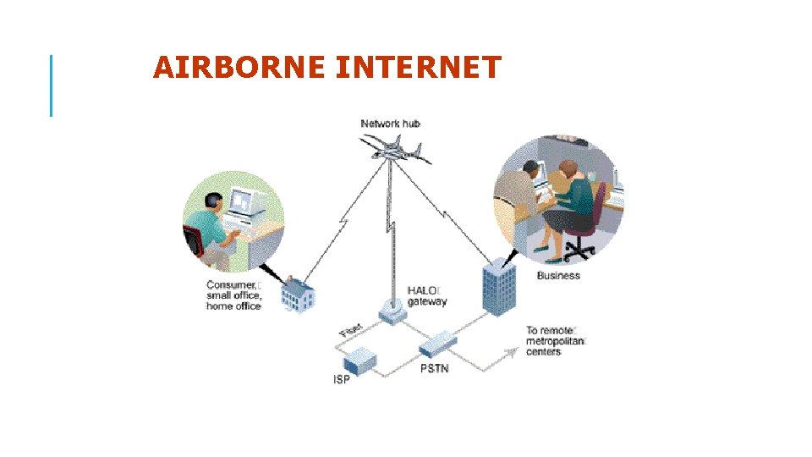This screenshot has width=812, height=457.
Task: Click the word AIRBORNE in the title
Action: (240, 67)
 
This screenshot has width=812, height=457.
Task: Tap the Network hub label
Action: (390, 124)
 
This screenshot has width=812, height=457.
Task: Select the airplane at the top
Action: (394, 151)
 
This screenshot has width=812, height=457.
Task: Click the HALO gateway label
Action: (427, 296)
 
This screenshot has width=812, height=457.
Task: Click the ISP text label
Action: (340, 379)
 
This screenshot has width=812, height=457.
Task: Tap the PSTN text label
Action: (435, 369)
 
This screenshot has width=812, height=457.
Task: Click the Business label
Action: (558, 275)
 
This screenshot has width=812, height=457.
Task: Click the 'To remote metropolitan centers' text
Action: (556, 341)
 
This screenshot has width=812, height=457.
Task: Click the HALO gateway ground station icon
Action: (392, 311)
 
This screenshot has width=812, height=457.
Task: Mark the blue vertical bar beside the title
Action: (51, 85)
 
